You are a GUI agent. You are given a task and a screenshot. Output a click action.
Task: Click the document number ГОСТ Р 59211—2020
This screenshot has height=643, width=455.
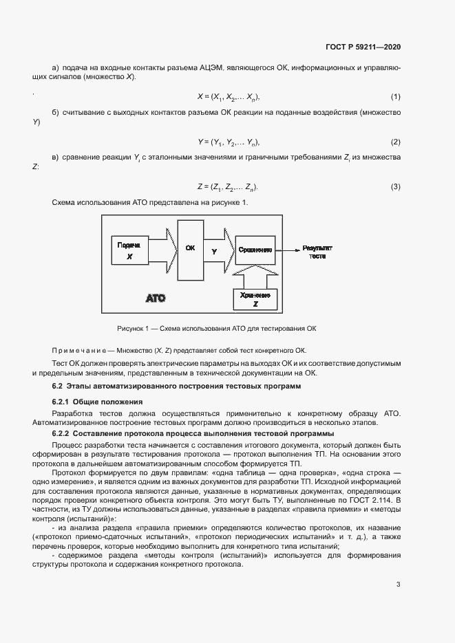tap(363, 47)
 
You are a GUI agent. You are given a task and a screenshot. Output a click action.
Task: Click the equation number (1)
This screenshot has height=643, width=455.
tap(396, 96)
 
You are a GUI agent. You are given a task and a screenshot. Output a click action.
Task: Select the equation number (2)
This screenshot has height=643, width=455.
tap(396, 142)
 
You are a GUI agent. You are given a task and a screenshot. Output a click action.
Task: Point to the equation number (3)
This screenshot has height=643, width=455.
tap(396, 187)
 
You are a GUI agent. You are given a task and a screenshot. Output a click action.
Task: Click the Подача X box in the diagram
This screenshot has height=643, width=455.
tap(129, 251)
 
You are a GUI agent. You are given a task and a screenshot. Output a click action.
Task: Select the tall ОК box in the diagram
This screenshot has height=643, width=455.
tap(191, 251)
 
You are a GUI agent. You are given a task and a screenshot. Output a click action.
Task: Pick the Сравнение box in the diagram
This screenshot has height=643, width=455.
tap(255, 250)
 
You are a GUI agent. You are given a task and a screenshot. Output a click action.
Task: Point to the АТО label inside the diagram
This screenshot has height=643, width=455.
tap(156, 299)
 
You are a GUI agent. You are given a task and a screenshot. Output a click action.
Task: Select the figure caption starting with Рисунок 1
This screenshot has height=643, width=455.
tap(216, 328)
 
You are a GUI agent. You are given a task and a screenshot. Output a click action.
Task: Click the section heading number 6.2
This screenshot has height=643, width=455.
tap(59, 386)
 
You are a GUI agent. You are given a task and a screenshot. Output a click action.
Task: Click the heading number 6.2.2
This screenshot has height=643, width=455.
tap(63, 434)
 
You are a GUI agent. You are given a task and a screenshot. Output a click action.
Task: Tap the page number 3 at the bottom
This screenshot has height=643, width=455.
tap(398, 585)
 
